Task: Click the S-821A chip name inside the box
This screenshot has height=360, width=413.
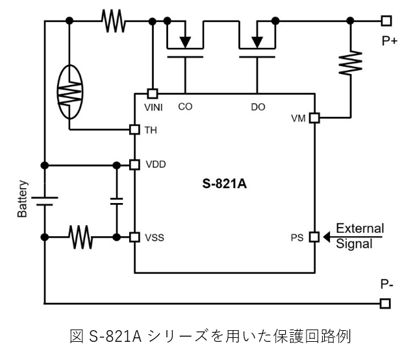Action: pos(225,184)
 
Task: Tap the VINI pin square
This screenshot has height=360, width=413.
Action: pos(152,93)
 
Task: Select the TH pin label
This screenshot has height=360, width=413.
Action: pos(150,130)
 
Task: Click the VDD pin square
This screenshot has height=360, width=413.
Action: pos(134,164)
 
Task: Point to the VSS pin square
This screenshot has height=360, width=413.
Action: pos(134,237)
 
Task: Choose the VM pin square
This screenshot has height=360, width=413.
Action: pos(314,118)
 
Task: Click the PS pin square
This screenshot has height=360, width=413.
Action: pos(314,237)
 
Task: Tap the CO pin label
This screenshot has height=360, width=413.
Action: pos(185,106)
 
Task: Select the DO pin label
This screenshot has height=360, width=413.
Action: pos(258,106)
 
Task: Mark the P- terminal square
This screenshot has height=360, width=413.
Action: pos(386,303)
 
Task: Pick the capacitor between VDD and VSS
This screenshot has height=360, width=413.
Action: pos(117,200)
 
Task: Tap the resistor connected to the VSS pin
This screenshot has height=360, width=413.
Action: pos(81,237)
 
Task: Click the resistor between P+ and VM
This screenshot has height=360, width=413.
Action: pos(351,62)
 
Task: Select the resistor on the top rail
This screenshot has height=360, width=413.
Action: pos(113,21)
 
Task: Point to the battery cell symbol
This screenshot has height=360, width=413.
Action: pos(44,200)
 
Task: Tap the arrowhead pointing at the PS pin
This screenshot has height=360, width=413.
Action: pos(328,237)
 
